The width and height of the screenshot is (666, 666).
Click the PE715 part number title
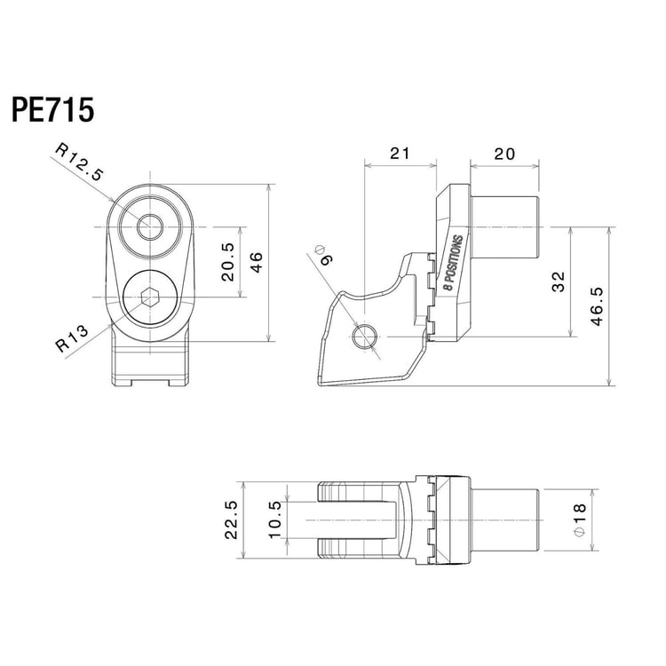[x=52, y=111]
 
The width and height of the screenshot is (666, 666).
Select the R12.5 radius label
[x=80, y=163]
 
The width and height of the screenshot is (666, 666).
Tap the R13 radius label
[x=72, y=340]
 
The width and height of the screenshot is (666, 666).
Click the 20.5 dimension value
[x=227, y=262]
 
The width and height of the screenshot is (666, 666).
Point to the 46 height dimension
[x=255, y=262]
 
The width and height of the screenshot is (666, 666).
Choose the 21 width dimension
[x=400, y=153]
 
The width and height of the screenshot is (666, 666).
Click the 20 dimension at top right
[x=503, y=153]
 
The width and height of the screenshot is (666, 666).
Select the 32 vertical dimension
[x=558, y=282]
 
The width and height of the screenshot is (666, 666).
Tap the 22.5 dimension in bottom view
[x=231, y=520]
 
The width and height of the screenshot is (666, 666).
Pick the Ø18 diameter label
[x=579, y=519]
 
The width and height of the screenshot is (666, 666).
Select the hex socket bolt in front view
[x=150, y=297]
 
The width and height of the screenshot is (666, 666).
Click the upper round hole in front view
[x=150, y=227]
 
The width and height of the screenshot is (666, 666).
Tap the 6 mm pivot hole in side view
[x=365, y=336]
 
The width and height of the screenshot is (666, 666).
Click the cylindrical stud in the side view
[x=503, y=227]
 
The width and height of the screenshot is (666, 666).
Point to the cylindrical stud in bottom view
[x=503, y=519]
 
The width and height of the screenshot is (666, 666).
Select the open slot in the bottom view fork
[x=355, y=519]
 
